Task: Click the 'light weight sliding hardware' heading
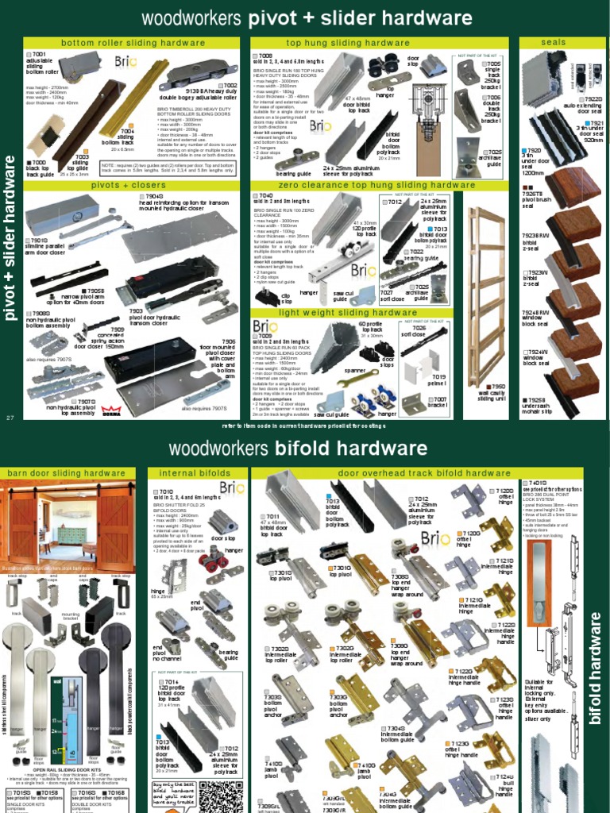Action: pos(358,313)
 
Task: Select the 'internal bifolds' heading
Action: pos(183,473)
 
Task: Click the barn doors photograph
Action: pos(67,530)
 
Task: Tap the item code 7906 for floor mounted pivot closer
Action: pos(228,341)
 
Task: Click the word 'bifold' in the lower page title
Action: pos(309,449)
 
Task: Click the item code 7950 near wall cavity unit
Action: pos(498,386)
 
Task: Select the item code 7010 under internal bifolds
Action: pos(167,491)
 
